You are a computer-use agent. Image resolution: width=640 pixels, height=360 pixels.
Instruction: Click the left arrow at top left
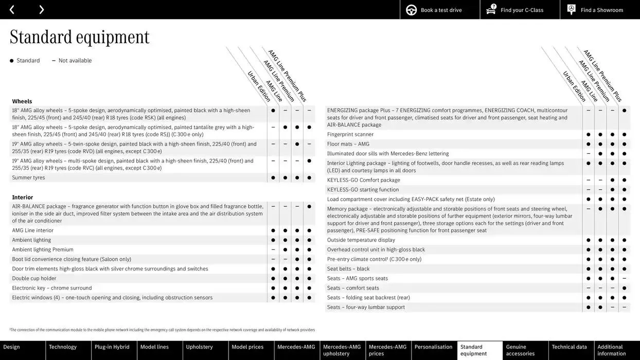click(x=12, y=10)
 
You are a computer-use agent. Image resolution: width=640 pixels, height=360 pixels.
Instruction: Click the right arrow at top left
click(x=41, y=10)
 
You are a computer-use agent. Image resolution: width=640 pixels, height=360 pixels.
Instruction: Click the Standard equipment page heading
click(x=79, y=37)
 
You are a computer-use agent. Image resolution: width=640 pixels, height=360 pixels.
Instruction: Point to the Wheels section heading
click(x=22, y=101)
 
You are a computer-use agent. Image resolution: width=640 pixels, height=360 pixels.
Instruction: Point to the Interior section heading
click(x=23, y=197)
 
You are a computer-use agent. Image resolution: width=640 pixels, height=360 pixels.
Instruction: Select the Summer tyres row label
click(x=28, y=178)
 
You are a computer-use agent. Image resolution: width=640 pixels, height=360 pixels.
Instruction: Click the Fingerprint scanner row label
click(x=350, y=135)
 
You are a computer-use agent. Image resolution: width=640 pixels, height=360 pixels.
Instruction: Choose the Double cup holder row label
click(x=34, y=279)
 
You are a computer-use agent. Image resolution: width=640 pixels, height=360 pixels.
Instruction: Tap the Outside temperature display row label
click(x=361, y=240)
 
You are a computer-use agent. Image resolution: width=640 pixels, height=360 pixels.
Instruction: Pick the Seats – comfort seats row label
click(x=353, y=289)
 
